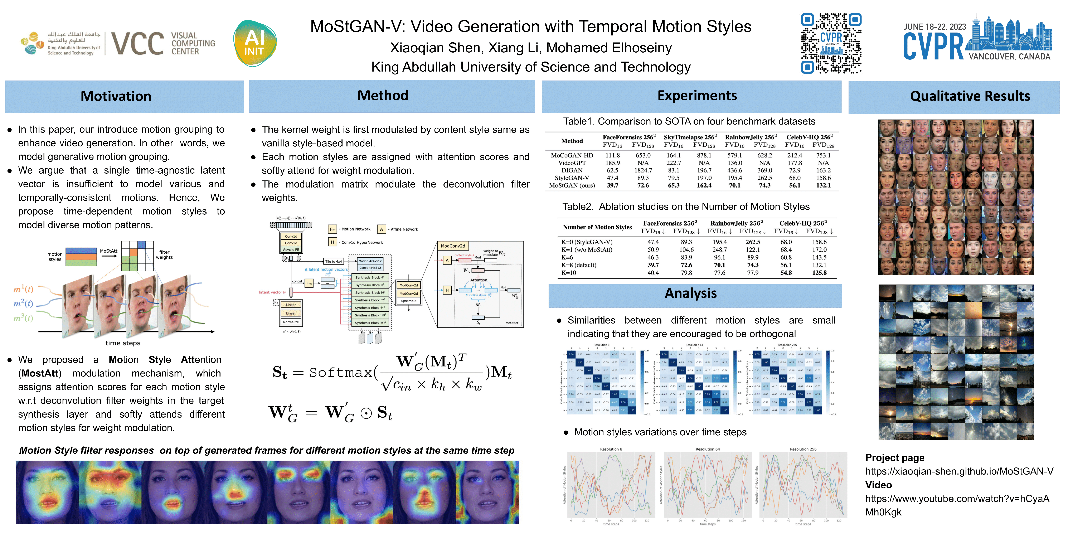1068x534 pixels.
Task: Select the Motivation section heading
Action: click(x=116, y=96)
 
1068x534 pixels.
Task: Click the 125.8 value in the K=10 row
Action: click(x=819, y=273)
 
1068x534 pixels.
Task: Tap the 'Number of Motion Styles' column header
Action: click(x=597, y=227)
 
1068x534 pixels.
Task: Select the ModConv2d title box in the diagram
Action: click(x=453, y=246)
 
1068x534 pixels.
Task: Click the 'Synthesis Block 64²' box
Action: click(x=370, y=308)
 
